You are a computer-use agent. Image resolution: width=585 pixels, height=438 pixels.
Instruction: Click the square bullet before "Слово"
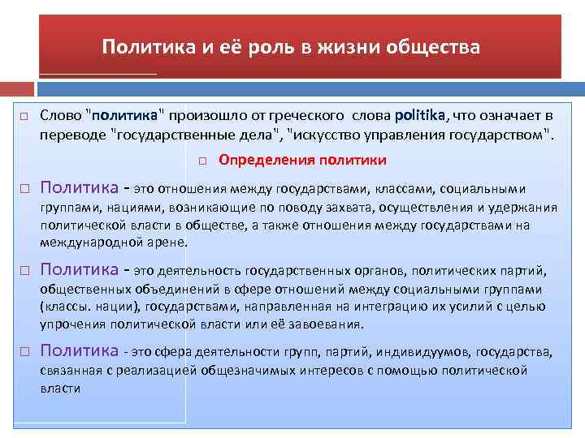(24, 117)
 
